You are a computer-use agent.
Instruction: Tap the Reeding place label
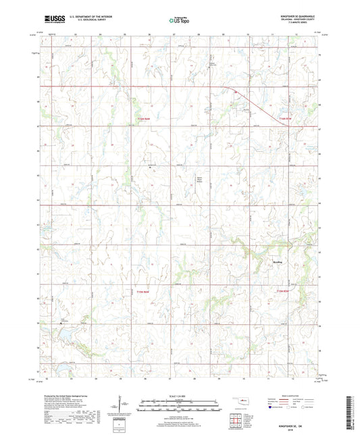coord(277,255)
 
